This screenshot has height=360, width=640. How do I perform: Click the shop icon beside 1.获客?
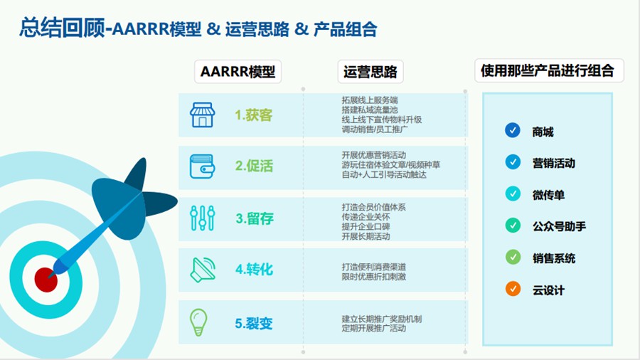tap(202, 115)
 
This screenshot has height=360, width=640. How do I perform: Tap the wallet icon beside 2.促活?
tap(202, 166)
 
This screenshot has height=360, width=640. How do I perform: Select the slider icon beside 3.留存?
tap(202, 218)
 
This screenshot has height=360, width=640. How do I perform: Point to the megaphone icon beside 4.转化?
tap(202, 270)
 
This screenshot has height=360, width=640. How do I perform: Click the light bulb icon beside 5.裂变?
tap(198, 322)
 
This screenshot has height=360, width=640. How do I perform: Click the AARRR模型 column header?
tap(238, 72)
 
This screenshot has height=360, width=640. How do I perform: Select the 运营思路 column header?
tap(369, 72)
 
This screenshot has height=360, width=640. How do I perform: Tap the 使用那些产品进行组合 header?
tap(548, 71)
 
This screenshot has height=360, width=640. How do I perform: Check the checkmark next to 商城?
tap(512, 130)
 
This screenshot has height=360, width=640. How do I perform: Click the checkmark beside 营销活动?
tap(512, 162)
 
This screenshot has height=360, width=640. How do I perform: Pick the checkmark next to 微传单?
tap(512, 194)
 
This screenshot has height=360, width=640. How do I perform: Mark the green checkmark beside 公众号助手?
tap(512, 226)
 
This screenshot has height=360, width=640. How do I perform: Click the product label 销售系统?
tap(554, 258)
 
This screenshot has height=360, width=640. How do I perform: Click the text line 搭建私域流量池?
tap(370, 110)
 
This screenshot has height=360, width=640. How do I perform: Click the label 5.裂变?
tap(254, 323)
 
